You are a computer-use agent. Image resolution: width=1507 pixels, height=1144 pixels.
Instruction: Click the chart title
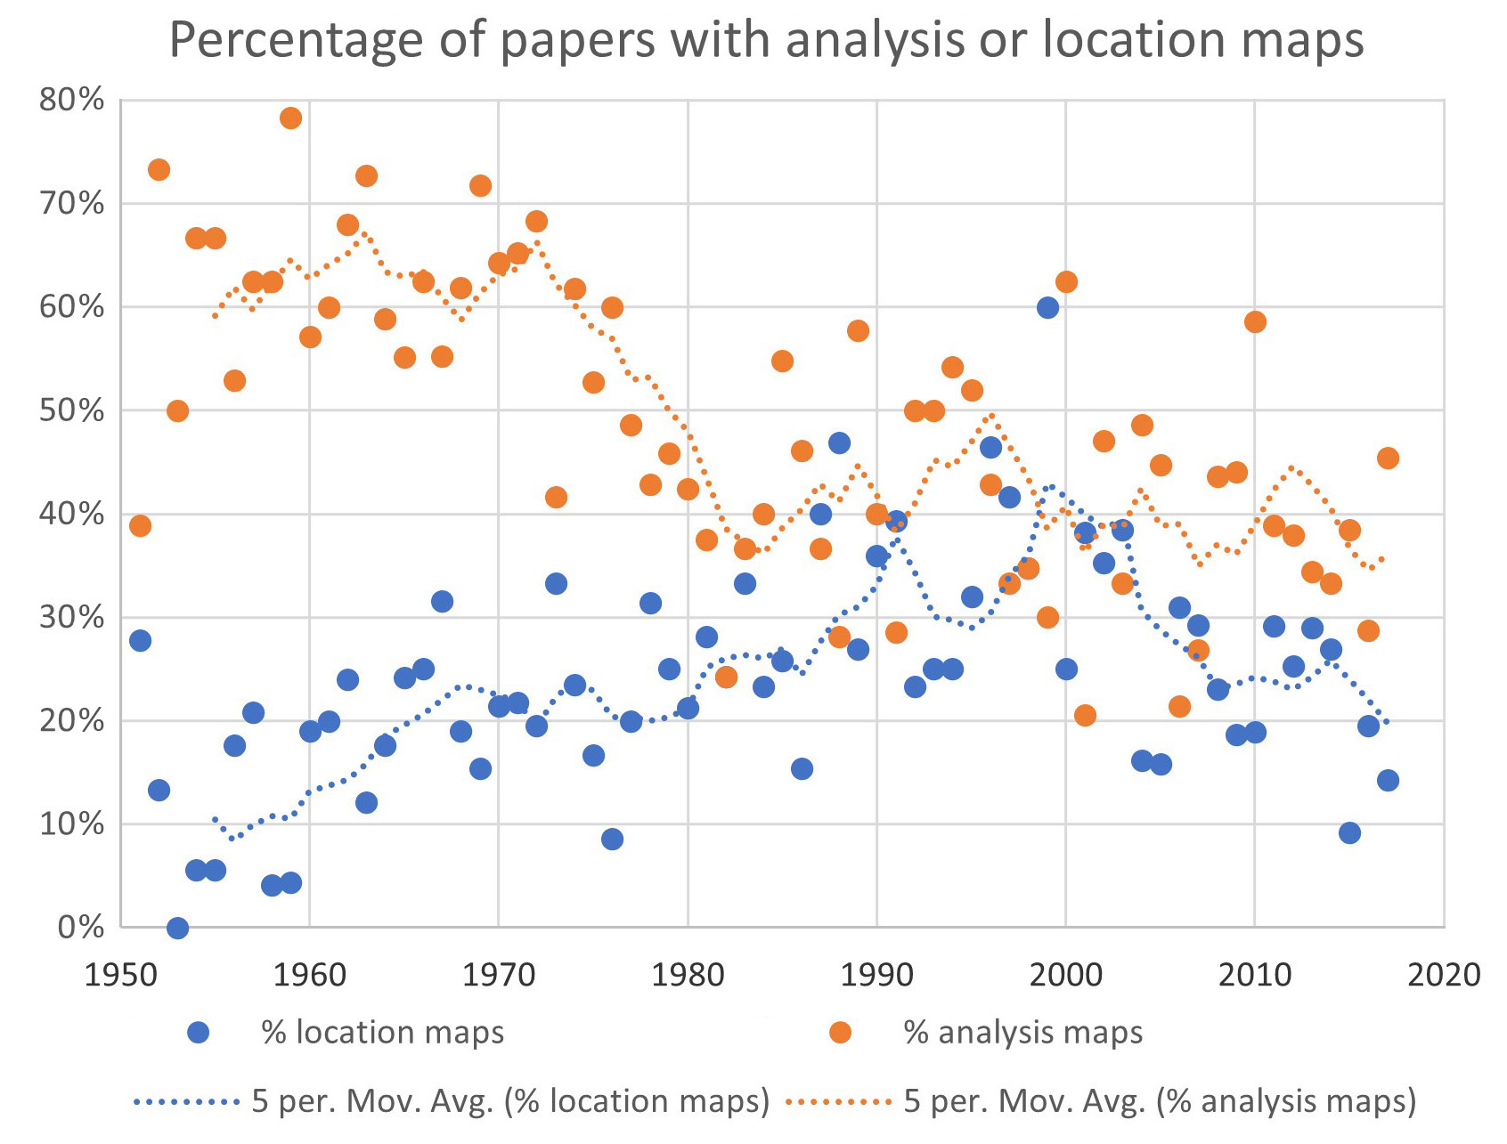pyautogui.click(x=766, y=39)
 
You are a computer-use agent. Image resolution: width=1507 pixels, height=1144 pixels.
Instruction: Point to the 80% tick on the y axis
pyautogui.click(x=71, y=100)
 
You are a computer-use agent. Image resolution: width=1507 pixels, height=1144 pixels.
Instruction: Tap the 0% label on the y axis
pyautogui.click(x=81, y=928)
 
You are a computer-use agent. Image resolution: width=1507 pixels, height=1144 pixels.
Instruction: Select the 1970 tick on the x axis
pyautogui.click(x=499, y=975)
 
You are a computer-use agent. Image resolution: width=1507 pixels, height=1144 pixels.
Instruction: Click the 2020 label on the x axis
pyautogui.click(x=1443, y=975)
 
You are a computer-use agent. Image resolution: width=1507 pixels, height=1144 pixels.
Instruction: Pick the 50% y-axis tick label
pyautogui.click(x=71, y=410)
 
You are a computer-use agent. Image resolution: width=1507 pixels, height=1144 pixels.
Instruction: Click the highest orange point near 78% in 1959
pyautogui.click(x=290, y=118)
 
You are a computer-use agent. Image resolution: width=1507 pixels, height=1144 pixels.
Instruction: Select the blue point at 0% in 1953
pyautogui.click(x=177, y=928)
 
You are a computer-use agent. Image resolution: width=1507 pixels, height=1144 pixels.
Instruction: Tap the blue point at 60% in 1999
pyautogui.click(x=1047, y=308)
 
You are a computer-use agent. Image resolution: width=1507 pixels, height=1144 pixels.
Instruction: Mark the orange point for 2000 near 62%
pyautogui.click(x=1066, y=282)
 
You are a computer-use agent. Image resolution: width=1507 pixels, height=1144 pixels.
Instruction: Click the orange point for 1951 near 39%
pyautogui.click(x=140, y=526)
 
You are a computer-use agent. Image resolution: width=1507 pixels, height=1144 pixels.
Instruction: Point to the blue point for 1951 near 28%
pyautogui.click(x=140, y=641)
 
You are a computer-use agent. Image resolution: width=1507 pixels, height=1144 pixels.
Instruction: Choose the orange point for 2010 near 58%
pyautogui.click(x=1255, y=322)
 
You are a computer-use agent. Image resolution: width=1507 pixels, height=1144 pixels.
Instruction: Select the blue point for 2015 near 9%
pyautogui.click(x=1349, y=833)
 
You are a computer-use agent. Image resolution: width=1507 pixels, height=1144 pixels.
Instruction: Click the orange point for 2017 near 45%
pyautogui.click(x=1388, y=458)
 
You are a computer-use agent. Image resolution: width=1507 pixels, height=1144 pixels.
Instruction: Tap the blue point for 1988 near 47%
pyautogui.click(x=839, y=443)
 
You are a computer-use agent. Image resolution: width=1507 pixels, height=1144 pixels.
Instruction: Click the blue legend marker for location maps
pyautogui.click(x=198, y=1033)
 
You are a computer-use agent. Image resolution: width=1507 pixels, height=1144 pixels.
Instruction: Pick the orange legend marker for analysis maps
pyautogui.click(x=840, y=1033)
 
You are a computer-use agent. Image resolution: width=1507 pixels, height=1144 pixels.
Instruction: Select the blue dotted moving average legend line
pyautogui.click(x=186, y=1102)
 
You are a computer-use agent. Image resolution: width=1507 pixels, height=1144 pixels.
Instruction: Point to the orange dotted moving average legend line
pyautogui.click(x=838, y=1102)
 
